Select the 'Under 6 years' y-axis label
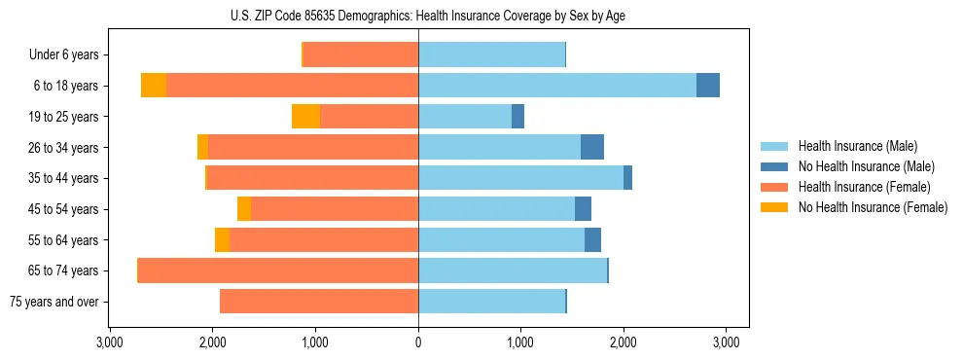[x=63, y=54]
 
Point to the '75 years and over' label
[x=54, y=302]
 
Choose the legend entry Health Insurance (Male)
[x=857, y=146]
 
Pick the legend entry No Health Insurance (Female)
[x=873, y=207]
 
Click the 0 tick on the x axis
[x=418, y=342]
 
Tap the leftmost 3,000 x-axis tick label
[x=110, y=342]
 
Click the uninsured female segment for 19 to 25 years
[x=305, y=117]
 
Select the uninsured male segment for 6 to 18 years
[x=708, y=86]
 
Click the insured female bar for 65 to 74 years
[x=570, y=270]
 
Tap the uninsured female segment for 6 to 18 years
[x=154, y=86]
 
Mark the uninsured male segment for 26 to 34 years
[x=592, y=147]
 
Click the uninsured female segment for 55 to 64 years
[x=222, y=239]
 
